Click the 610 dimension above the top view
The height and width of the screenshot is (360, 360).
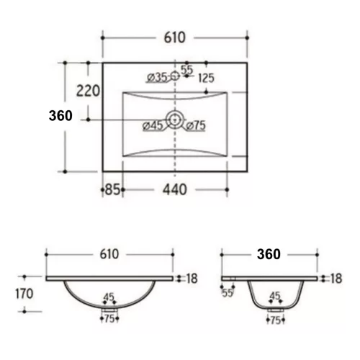(175, 37)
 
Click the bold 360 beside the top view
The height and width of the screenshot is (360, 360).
(60, 116)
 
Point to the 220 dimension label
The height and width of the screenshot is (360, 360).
(88, 91)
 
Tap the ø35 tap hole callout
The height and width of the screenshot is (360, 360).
(157, 78)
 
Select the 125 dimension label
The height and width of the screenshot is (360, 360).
(207, 78)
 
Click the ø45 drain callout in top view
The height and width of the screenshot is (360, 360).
(153, 125)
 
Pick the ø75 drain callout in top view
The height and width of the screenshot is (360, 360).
(196, 125)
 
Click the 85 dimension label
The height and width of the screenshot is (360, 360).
(112, 189)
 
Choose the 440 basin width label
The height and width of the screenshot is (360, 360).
(175, 189)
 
